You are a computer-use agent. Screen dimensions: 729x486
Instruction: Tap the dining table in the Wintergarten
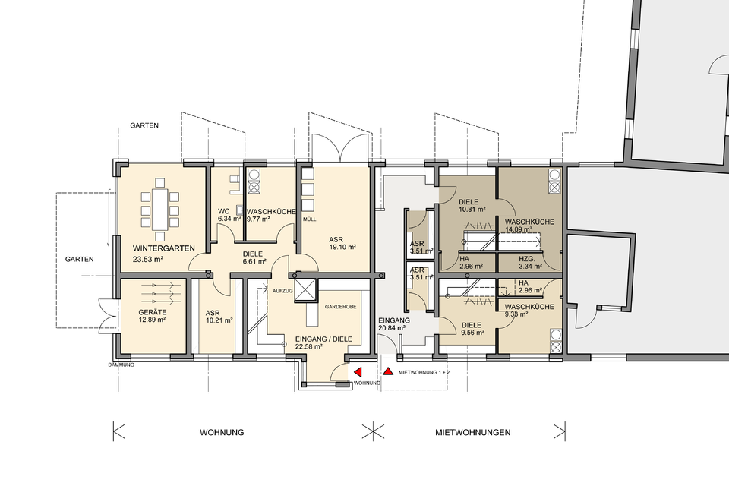pos(160,209)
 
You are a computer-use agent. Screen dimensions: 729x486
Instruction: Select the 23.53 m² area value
pos(148,260)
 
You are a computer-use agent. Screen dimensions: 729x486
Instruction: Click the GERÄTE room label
pos(152,313)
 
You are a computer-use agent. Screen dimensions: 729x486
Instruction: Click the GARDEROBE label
pos(341,307)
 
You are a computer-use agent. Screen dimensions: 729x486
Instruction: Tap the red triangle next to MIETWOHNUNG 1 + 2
pos(388,371)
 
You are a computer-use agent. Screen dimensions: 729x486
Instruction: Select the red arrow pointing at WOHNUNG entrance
pos(358,371)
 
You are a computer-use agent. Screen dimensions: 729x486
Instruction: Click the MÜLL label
pos(310,219)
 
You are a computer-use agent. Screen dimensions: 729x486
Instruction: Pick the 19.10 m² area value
pos(342,248)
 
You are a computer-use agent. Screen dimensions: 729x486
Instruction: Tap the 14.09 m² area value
pos(519,229)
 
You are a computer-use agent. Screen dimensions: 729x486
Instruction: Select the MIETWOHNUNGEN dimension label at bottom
pos(472,433)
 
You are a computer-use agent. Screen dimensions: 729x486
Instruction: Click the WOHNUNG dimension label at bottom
pos(222,433)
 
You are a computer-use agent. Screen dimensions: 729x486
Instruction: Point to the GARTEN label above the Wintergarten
pos(144,125)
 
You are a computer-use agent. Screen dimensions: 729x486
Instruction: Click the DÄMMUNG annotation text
pos(121,365)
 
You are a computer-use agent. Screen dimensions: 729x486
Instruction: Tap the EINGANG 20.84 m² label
pos(393,324)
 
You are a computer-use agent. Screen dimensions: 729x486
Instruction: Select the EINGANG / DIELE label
pos(323,339)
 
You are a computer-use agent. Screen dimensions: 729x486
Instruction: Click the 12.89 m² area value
pos(152,320)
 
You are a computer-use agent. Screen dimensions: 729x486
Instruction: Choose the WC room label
pos(223,212)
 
